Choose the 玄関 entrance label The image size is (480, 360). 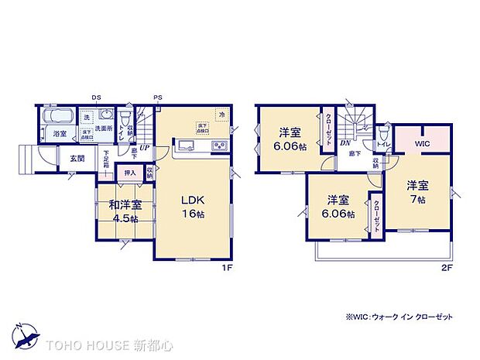[x=78, y=159]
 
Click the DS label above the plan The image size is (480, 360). [x=95, y=98]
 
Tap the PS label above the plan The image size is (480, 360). [x=156, y=98]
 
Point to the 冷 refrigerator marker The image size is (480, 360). [x=223, y=115]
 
